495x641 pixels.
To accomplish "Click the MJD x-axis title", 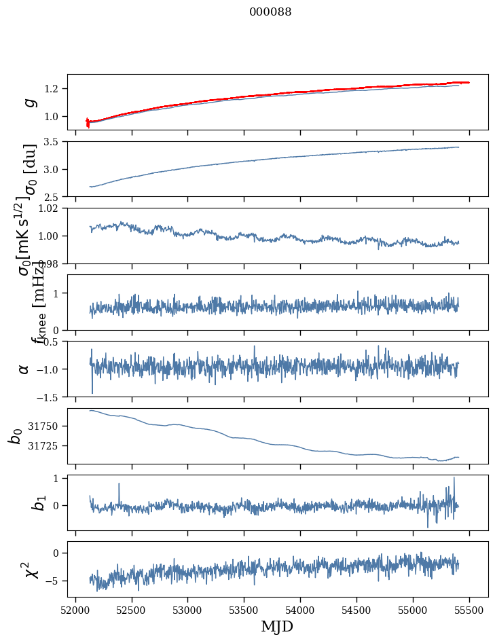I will (276, 626).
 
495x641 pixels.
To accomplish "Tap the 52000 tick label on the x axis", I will (75, 609).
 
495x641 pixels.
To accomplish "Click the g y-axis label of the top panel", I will (29, 102).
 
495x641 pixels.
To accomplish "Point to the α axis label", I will (24, 369).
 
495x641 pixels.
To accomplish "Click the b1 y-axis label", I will (20, 502).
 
